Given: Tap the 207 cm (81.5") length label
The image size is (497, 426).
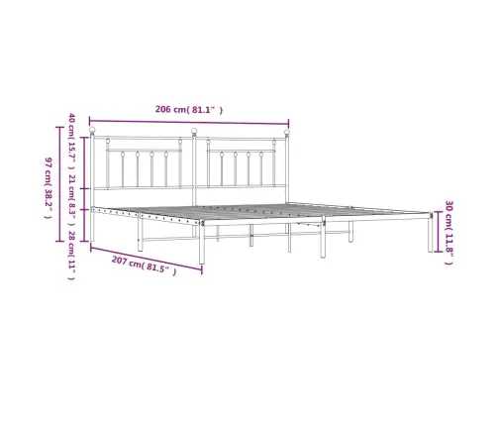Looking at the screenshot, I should coord(142,266).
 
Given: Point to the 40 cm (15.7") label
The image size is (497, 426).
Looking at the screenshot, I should coord(71,139).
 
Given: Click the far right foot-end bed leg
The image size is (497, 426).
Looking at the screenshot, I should coord(430,234).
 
